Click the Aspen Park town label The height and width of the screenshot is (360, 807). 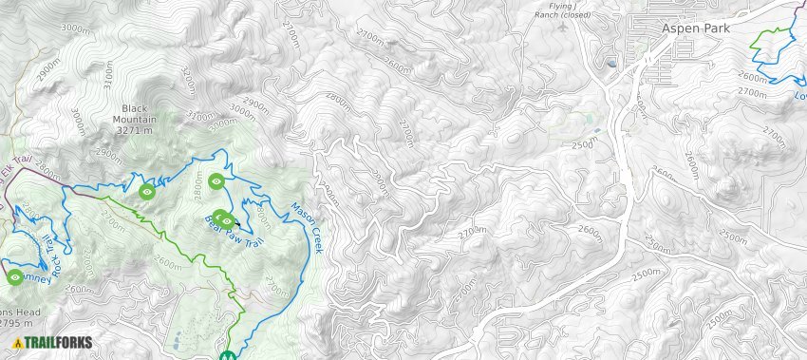click(700, 28)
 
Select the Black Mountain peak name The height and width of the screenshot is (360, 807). click(135, 113)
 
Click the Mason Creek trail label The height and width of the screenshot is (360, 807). click(307, 228)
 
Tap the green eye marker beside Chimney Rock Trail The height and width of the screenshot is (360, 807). click(15, 277)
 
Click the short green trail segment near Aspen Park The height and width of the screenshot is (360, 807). click(773, 32)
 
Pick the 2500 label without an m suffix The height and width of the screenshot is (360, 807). click(582, 145)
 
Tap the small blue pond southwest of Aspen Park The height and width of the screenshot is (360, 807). click(610, 64)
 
